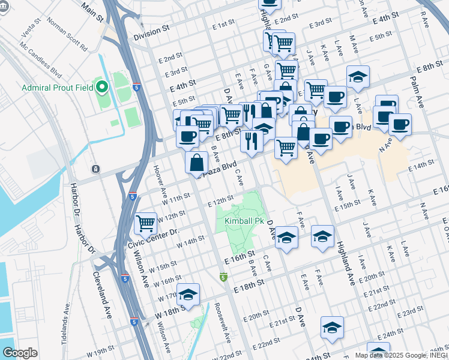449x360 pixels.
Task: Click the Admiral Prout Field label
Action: (x=57, y=88)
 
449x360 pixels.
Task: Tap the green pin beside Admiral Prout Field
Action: (x=101, y=88)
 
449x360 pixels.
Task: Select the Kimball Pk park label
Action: (x=244, y=221)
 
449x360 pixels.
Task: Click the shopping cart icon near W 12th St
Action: (x=146, y=224)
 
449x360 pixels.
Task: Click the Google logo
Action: (x=20, y=353)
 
